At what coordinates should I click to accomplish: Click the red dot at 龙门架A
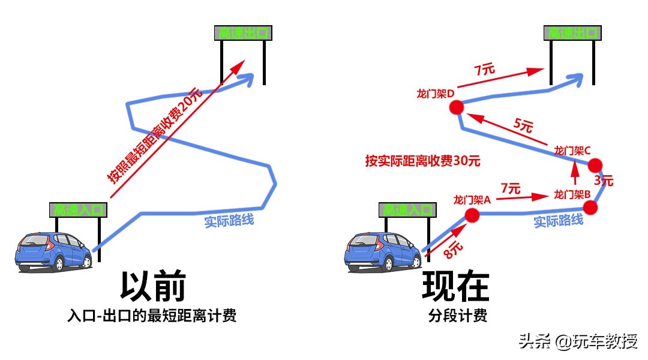[x=472, y=215]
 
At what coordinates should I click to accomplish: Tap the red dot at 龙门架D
[x=457, y=107]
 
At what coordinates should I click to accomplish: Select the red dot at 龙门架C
[x=595, y=165]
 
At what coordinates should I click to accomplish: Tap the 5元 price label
[x=523, y=126]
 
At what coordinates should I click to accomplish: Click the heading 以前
[x=152, y=286]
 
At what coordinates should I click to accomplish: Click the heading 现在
[x=456, y=286]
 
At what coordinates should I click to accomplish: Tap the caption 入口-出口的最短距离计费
[x=152, y=316]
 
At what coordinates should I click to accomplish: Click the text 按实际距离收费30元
[x=423, y=161]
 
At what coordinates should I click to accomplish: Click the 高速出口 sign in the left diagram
[x=242, y=33]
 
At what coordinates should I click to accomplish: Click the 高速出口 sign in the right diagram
[x=572, y=33]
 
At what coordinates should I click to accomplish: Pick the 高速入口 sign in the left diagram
[x=79, y=210]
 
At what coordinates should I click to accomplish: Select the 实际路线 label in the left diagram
[x=229, y=220]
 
